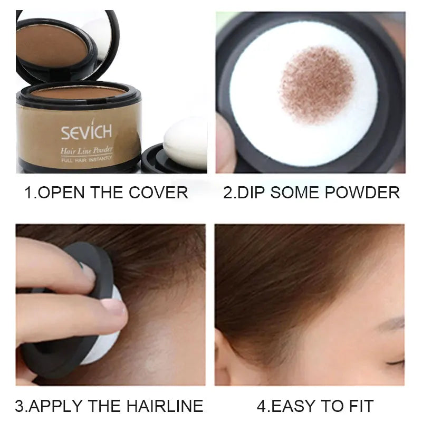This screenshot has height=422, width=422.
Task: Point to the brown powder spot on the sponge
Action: [x=317, y=84]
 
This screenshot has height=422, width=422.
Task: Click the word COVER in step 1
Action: [x=161, y=193]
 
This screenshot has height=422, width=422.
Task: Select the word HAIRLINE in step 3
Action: [x=166, y=406]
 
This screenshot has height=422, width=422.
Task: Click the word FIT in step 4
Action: [x=360, y=406]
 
